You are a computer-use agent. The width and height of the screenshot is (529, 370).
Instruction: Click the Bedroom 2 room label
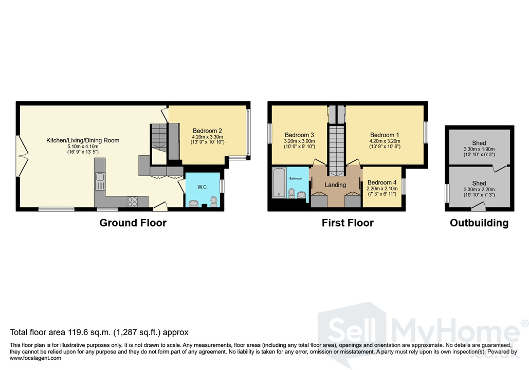(x=207, y=131)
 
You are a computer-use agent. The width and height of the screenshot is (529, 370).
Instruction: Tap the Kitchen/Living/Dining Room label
(x=83, y=140)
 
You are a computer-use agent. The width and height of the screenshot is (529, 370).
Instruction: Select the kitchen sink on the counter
(x=100, y=181)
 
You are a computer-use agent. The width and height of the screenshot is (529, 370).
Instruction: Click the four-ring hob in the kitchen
(x=132, y=201)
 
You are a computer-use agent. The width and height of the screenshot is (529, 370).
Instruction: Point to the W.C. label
(x=203, y=187)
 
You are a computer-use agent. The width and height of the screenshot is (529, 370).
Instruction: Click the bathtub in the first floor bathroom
(x=279, y=182)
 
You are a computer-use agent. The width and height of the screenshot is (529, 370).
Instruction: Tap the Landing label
(x=335, y=185)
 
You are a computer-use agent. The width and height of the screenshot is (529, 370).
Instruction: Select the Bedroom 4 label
(x=382, y=182)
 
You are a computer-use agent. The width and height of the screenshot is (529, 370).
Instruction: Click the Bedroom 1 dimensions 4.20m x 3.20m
(x=385, y=141)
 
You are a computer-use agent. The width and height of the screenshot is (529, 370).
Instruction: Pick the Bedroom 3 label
(x=299, y=135)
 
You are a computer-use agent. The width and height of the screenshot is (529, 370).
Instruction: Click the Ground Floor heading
(x=133, y=223)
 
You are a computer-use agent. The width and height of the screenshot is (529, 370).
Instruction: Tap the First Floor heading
(x=348, y=223)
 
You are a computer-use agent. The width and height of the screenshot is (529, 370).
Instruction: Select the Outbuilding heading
(x=479, y=223)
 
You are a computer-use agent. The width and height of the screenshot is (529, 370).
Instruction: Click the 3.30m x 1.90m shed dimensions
(x=479, y=149)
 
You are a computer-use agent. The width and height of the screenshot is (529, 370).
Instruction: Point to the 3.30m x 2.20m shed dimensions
(x=479, y=190)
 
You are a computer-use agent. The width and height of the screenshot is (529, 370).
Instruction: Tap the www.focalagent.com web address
(x=35, y=358)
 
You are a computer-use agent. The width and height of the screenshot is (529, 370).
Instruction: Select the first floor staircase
(x=336, y=150)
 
